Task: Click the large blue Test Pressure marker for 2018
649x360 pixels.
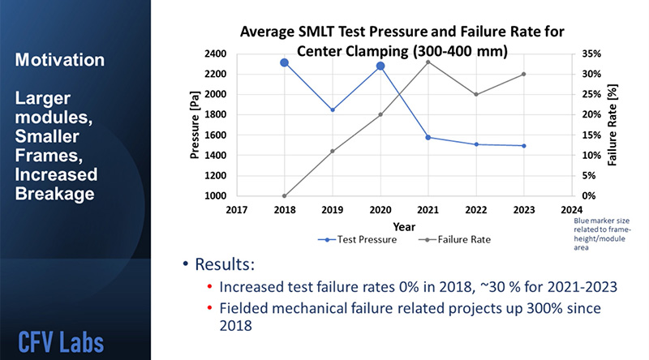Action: coord(285,62)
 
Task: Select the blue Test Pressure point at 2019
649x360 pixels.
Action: coord(333,109)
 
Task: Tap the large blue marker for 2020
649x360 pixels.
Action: coord(380,66)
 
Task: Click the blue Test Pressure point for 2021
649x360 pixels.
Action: coord(428,137)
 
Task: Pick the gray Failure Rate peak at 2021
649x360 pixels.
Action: coord(428,62)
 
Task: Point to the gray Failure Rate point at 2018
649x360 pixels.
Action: coord(285,195)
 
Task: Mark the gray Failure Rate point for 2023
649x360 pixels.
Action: coord(524,74)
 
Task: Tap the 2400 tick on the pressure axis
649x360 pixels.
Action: coord(214,54)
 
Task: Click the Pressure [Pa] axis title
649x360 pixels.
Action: coord(195,124)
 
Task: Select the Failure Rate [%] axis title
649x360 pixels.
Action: coord(614,124)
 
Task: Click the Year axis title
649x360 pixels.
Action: coord(404,226)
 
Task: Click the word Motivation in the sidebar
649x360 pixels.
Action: coord(59,61)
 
